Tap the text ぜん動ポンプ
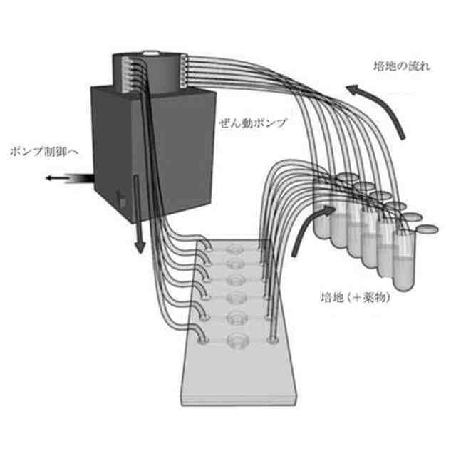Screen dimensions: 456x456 (252, 123)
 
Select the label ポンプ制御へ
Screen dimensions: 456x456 (41, 151)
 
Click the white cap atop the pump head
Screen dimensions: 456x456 (151, 53)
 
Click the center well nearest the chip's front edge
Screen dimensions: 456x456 (236, 342)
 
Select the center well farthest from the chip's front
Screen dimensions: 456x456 (234, 251)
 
